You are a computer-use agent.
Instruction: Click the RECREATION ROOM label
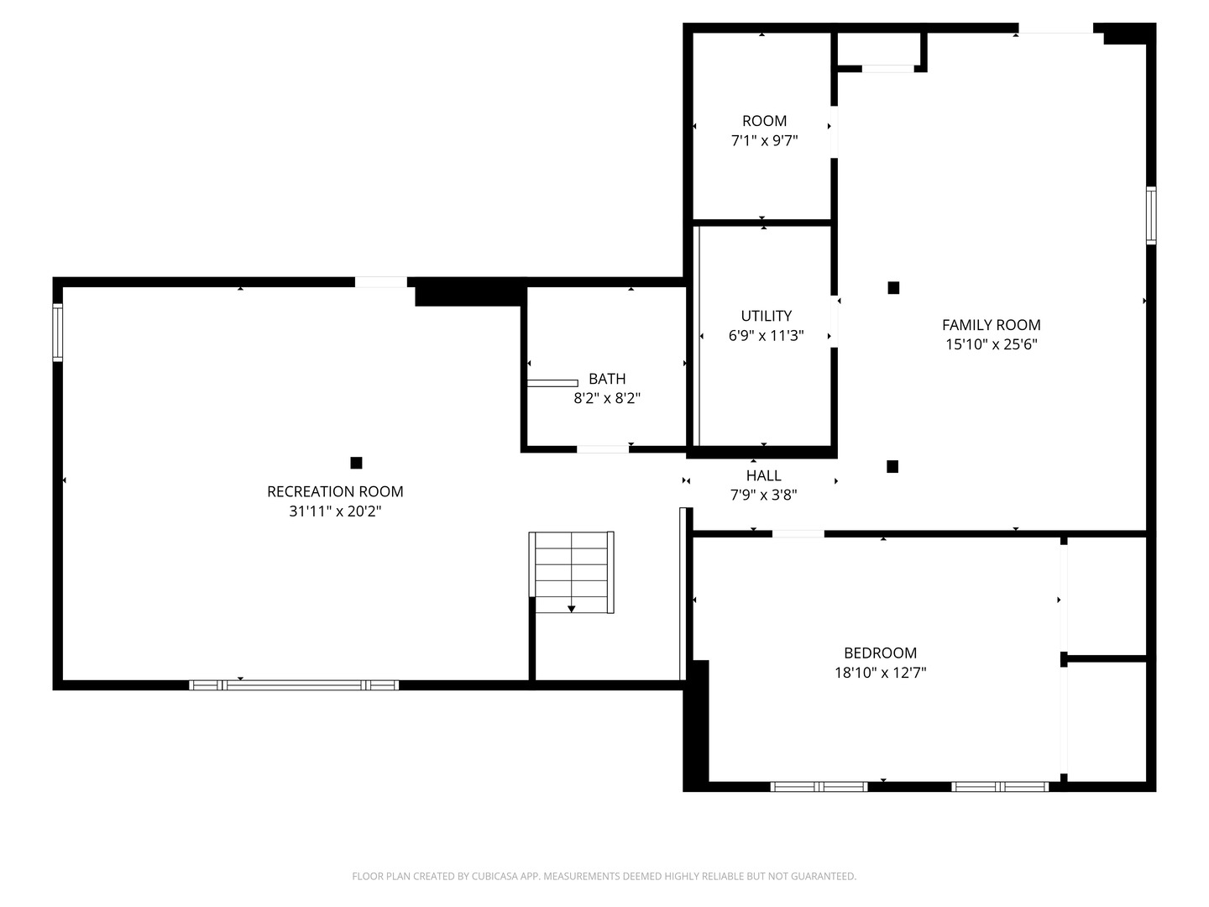click(335, 491)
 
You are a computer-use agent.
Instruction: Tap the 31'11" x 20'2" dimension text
click(335, 511)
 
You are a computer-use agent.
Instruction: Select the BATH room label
click(607, 379)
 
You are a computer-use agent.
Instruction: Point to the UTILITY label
click(766, 316)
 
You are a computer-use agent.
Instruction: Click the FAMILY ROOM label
click(991, 325)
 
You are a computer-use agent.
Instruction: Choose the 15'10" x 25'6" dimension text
click(991, 343)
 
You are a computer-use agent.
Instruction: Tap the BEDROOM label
click(880, 653)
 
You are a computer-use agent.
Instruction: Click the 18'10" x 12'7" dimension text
click(880, 672)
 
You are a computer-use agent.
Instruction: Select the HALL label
click(763, 475)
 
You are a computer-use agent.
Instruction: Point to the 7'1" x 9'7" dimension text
click(764, 140)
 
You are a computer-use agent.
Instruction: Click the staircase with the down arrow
click(572, 572)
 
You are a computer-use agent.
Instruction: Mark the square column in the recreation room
click(356, 463)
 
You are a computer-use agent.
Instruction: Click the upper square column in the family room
click(893, 288)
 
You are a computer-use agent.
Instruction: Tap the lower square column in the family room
click(892, 466)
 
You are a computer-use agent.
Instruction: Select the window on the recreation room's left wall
click(58, 332)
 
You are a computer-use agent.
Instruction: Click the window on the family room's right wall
click(1151, 216)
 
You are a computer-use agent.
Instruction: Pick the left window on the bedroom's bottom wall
click(819, 787)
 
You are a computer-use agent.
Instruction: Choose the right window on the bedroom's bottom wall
click(1000, 787)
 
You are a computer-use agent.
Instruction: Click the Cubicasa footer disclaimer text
click(604, 876)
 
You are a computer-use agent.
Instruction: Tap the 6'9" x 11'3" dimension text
click(766, 335)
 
